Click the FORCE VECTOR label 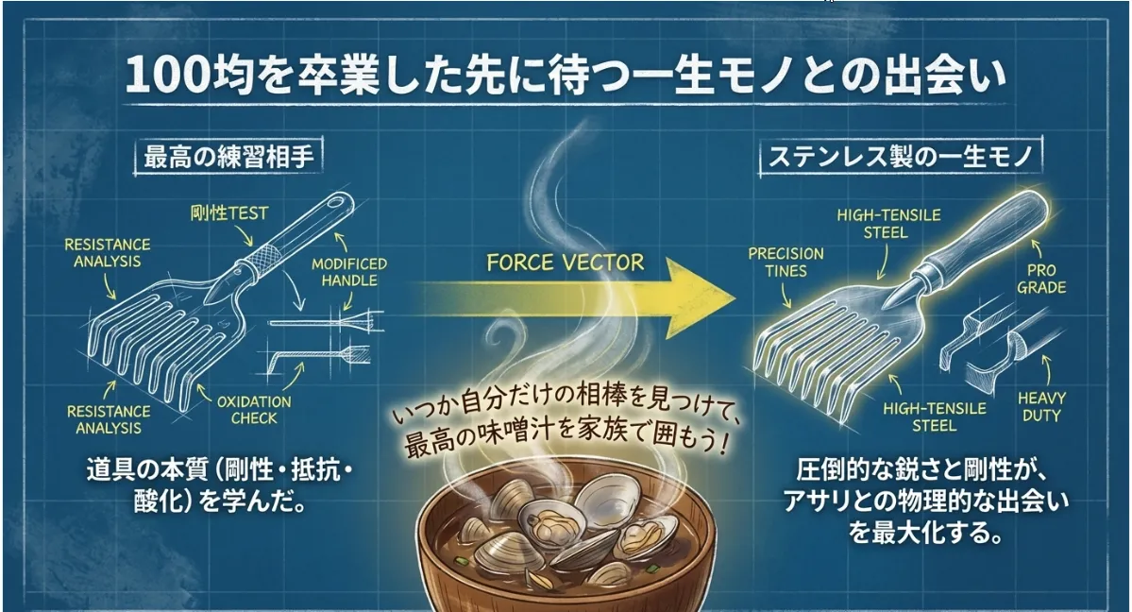566,262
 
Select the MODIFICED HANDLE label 349,272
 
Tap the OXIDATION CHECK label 254,410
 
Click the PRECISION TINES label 786,263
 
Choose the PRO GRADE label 1042,279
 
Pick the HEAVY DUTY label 1041,407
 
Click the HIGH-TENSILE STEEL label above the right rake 888,223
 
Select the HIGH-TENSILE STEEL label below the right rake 935,416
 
